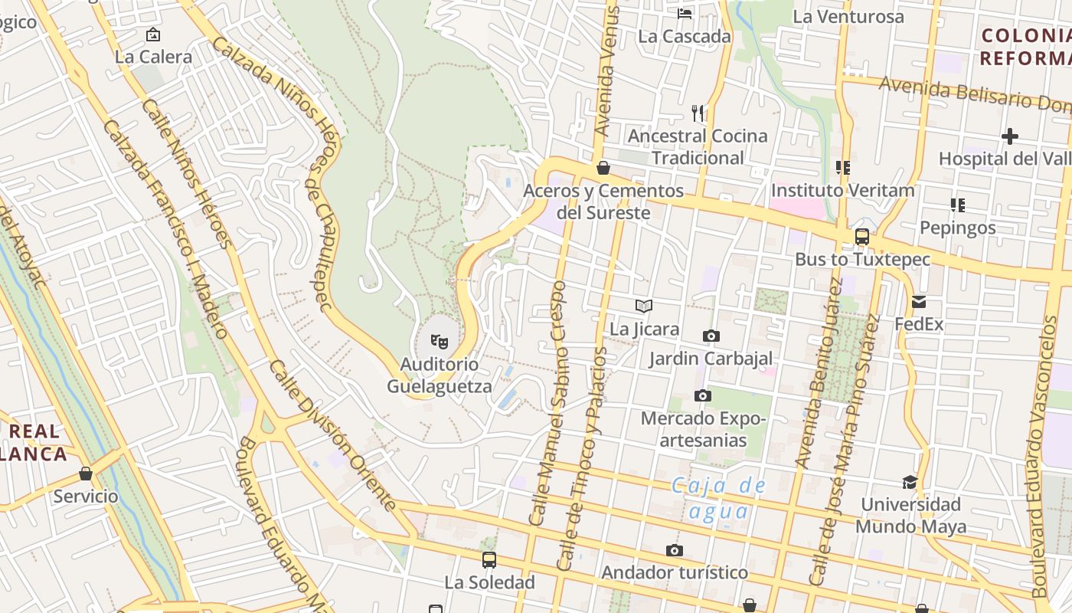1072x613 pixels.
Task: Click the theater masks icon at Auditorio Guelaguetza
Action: point(439,341)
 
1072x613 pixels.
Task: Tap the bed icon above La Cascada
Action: point(685,13)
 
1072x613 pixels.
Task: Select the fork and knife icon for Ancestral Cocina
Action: point(698,113)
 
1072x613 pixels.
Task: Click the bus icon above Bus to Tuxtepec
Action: point(862,237)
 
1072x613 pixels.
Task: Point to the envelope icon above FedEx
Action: point(919,302)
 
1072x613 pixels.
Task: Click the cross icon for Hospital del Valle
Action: point(1010,136)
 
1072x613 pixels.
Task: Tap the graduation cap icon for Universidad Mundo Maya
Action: point(910,482)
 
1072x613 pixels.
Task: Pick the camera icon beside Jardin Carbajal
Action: point(711,336)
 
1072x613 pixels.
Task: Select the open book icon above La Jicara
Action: point(644,306)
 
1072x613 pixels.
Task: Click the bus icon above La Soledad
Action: point(489,560)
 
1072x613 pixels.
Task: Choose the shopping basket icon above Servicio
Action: point(86,474)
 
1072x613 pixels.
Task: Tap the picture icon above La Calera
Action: point(153,34)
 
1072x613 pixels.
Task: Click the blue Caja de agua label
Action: point(718,498)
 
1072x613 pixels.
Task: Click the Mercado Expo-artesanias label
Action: point(703,430)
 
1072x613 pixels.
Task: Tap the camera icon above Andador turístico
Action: point(675,550)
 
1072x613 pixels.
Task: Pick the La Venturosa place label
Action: point(848,16)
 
